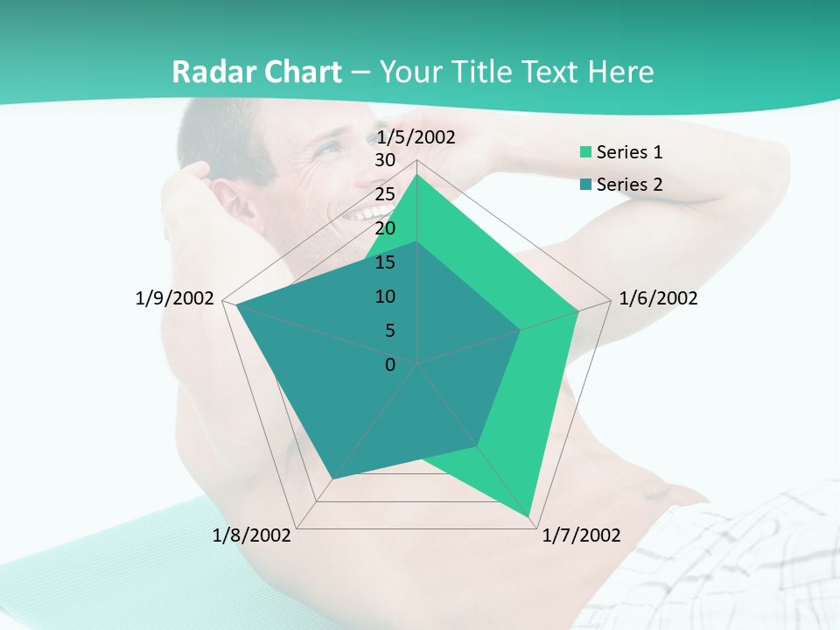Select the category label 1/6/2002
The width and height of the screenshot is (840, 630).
click(x=658, y=298)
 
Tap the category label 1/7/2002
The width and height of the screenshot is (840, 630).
click(x=581, y=535)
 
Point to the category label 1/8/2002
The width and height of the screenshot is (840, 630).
click(x=252, y=535)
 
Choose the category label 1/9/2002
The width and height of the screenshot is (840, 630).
click(x=174, y=298)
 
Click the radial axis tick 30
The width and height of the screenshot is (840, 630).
click(x=385, y=161)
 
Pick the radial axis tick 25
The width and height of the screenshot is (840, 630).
click(x=385, y=194)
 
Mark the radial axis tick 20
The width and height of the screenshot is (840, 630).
click(x=385, y=228)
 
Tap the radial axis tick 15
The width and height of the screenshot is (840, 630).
click(x=385, y=262)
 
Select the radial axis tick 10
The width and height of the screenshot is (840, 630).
click(x=385, y=297)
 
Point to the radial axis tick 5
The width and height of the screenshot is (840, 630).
click(x=389, y=331)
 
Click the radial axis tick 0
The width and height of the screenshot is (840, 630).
click(x=390, y=364)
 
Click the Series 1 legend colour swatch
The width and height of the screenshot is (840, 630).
click(x=585, y=152)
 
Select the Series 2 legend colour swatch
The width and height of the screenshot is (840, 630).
click(x=585, y=185)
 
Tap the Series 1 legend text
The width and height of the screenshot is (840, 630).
click(x=629, y=152)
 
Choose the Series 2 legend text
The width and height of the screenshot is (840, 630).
click(x=629, y=185)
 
